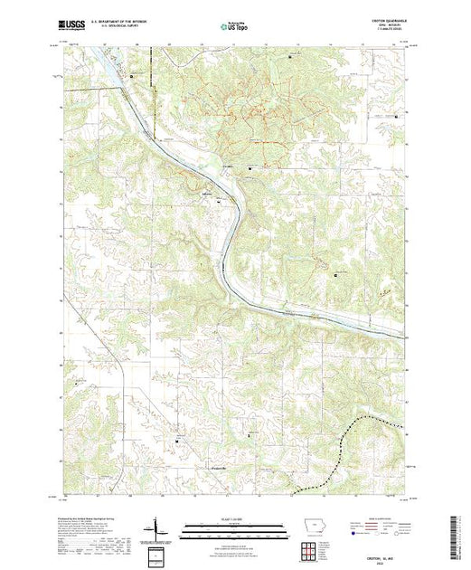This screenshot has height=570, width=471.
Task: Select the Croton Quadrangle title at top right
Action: point(389,22)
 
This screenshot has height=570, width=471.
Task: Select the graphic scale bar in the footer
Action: point(227,527)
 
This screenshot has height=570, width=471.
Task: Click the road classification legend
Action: point(380,526)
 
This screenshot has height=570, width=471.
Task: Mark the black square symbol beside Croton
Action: point(250,166)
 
